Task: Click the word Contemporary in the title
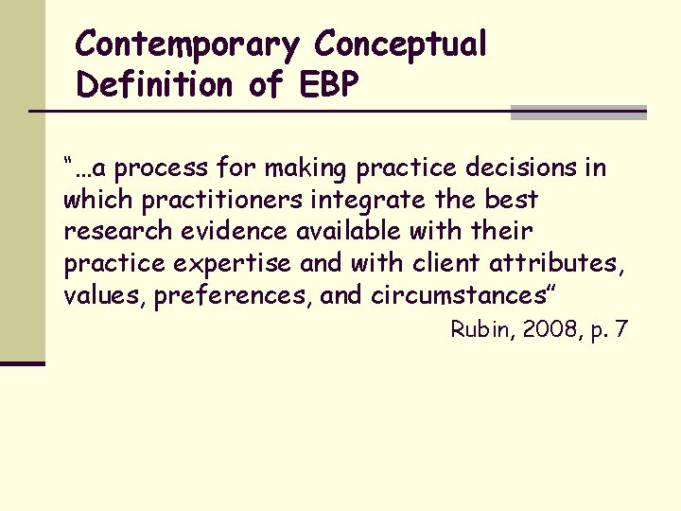pos(187,44)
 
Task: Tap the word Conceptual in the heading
pos(401,44)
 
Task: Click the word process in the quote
pos(165,169)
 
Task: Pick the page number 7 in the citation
pos(620,329)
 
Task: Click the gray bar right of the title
pos(578,113)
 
